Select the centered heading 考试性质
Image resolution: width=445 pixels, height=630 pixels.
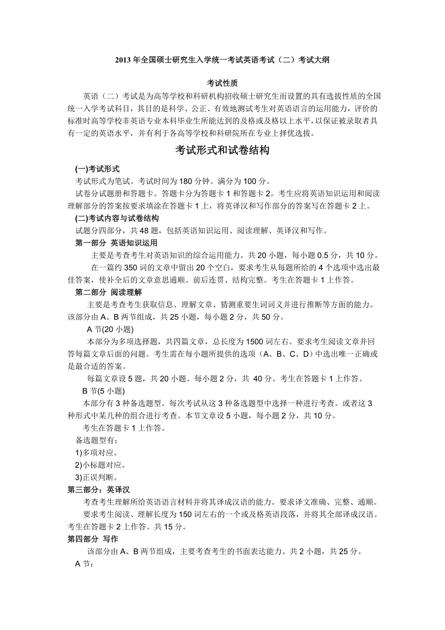click(222, 83)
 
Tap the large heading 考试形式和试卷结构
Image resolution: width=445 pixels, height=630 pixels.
click(222, 150)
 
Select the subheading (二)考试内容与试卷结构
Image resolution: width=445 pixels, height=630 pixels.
click(117, 218)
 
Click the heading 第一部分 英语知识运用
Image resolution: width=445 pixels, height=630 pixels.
click(117, 243)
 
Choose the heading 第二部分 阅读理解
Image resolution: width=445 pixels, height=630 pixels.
click(109, 292)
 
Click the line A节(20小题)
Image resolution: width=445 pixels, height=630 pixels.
click(109, 330)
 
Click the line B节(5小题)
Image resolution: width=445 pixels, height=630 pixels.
click(104, 391)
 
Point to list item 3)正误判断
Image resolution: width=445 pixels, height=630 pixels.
click(96, 477)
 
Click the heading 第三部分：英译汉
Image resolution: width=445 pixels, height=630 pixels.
click(99, 489)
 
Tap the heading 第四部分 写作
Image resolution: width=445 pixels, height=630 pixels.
click(92, 539)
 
